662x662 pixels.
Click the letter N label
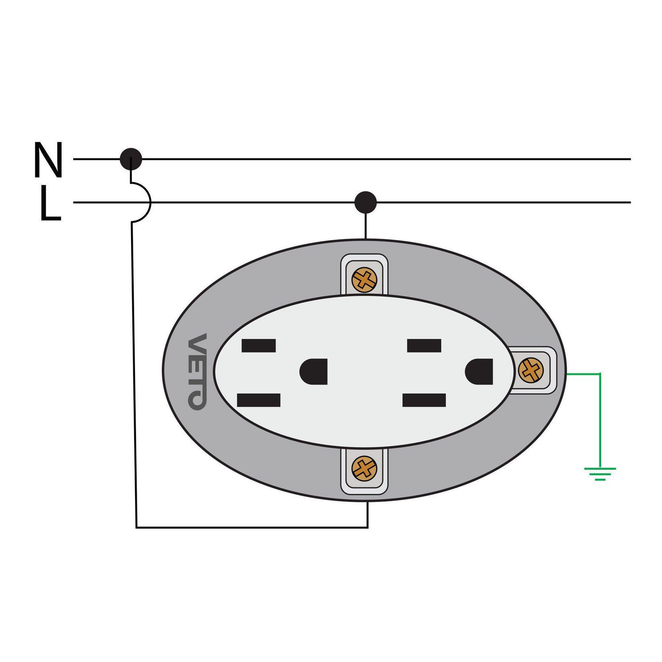pyautogui.click(x=48, y=160)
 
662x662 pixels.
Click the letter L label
pyautogui.click(x=50, y=203)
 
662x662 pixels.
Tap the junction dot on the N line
pyautogui.click(x=131, y=159)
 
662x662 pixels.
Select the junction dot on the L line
pyautogui.click(x=365, y=203)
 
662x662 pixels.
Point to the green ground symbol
pyautogui.click(x=600, y=473)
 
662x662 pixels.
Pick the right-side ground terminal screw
pyautogui.click(x=530, y=370)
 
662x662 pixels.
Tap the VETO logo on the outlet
pyautogui.click(x=197, y=371)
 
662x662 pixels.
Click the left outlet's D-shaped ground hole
pyautogui.click(x=313, y=372)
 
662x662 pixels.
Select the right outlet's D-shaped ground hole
pyautogui.click(x=479, y=372)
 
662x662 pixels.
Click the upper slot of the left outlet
pyautogui.click(x=259, y=346)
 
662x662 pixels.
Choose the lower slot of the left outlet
pyautogui.click(x=259, y=400)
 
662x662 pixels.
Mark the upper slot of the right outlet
pyautogui.click(x=424, y=346)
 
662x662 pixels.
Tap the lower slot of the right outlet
pyautogui.click(x=424, y=400)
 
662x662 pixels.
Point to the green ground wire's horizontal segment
pyautogui.click(x=583, y=374)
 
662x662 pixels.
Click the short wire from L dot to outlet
pyautogui.click(x=365, y=226)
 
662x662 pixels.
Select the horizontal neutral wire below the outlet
pyautogui.click(x=252, y=527)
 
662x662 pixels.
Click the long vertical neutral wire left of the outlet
pyautogui.click(x=134, y=374)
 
